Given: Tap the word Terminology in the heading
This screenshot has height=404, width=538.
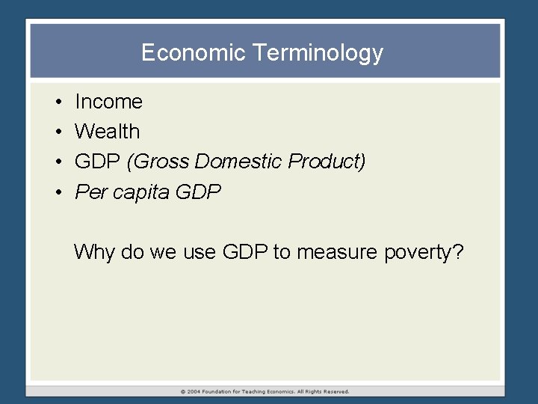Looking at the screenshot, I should coord(318,53).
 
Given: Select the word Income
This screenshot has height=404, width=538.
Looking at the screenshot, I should coord(108,102).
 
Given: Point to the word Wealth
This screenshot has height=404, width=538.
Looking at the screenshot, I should coord(108,132).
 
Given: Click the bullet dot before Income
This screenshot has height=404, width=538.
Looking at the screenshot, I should coord(57,102).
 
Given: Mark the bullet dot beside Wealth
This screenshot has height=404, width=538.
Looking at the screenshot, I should coord(57,132).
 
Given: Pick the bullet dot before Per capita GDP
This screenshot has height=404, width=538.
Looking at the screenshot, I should coord(57,192).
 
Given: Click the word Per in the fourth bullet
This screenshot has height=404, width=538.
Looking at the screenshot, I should coord(91,192).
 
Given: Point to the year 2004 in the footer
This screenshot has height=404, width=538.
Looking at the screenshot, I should coord(194,391).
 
